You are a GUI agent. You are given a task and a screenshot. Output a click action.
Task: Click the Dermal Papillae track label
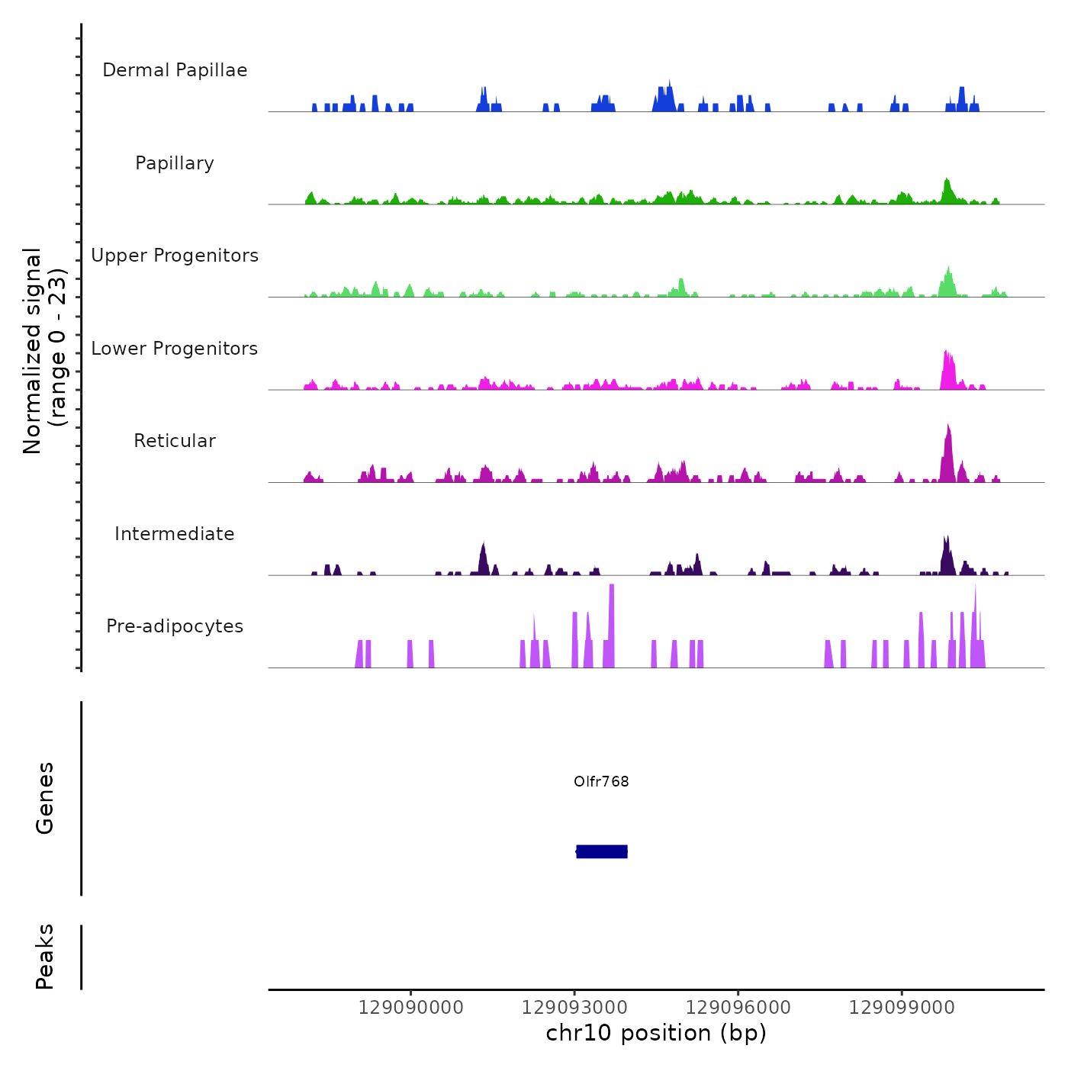175,70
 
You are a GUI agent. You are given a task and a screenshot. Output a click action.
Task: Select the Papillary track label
175,163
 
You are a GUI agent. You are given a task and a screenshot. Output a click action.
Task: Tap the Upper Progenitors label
175,256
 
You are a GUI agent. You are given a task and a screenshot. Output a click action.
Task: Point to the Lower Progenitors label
175,349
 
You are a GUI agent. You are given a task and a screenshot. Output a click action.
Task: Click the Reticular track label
175,441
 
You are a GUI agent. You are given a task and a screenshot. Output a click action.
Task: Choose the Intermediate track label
175,534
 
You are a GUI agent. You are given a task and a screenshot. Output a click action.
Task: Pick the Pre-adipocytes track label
175,626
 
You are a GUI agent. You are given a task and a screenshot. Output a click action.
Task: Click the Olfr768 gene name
601,781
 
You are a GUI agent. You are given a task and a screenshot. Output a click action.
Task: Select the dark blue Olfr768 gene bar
602,851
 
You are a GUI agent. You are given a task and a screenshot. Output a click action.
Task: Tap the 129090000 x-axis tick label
410,1008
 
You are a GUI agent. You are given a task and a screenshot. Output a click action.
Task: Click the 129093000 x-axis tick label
574,1008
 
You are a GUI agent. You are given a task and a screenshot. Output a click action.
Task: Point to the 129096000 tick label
738,1008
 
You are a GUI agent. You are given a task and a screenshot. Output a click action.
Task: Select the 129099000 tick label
902,1008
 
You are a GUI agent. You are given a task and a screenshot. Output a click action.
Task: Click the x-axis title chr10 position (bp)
656,1033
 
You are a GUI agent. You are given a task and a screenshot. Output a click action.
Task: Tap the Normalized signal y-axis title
44,350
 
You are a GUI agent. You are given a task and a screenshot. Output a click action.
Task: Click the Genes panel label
45,798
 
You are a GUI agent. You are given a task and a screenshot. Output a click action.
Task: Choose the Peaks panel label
45,957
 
